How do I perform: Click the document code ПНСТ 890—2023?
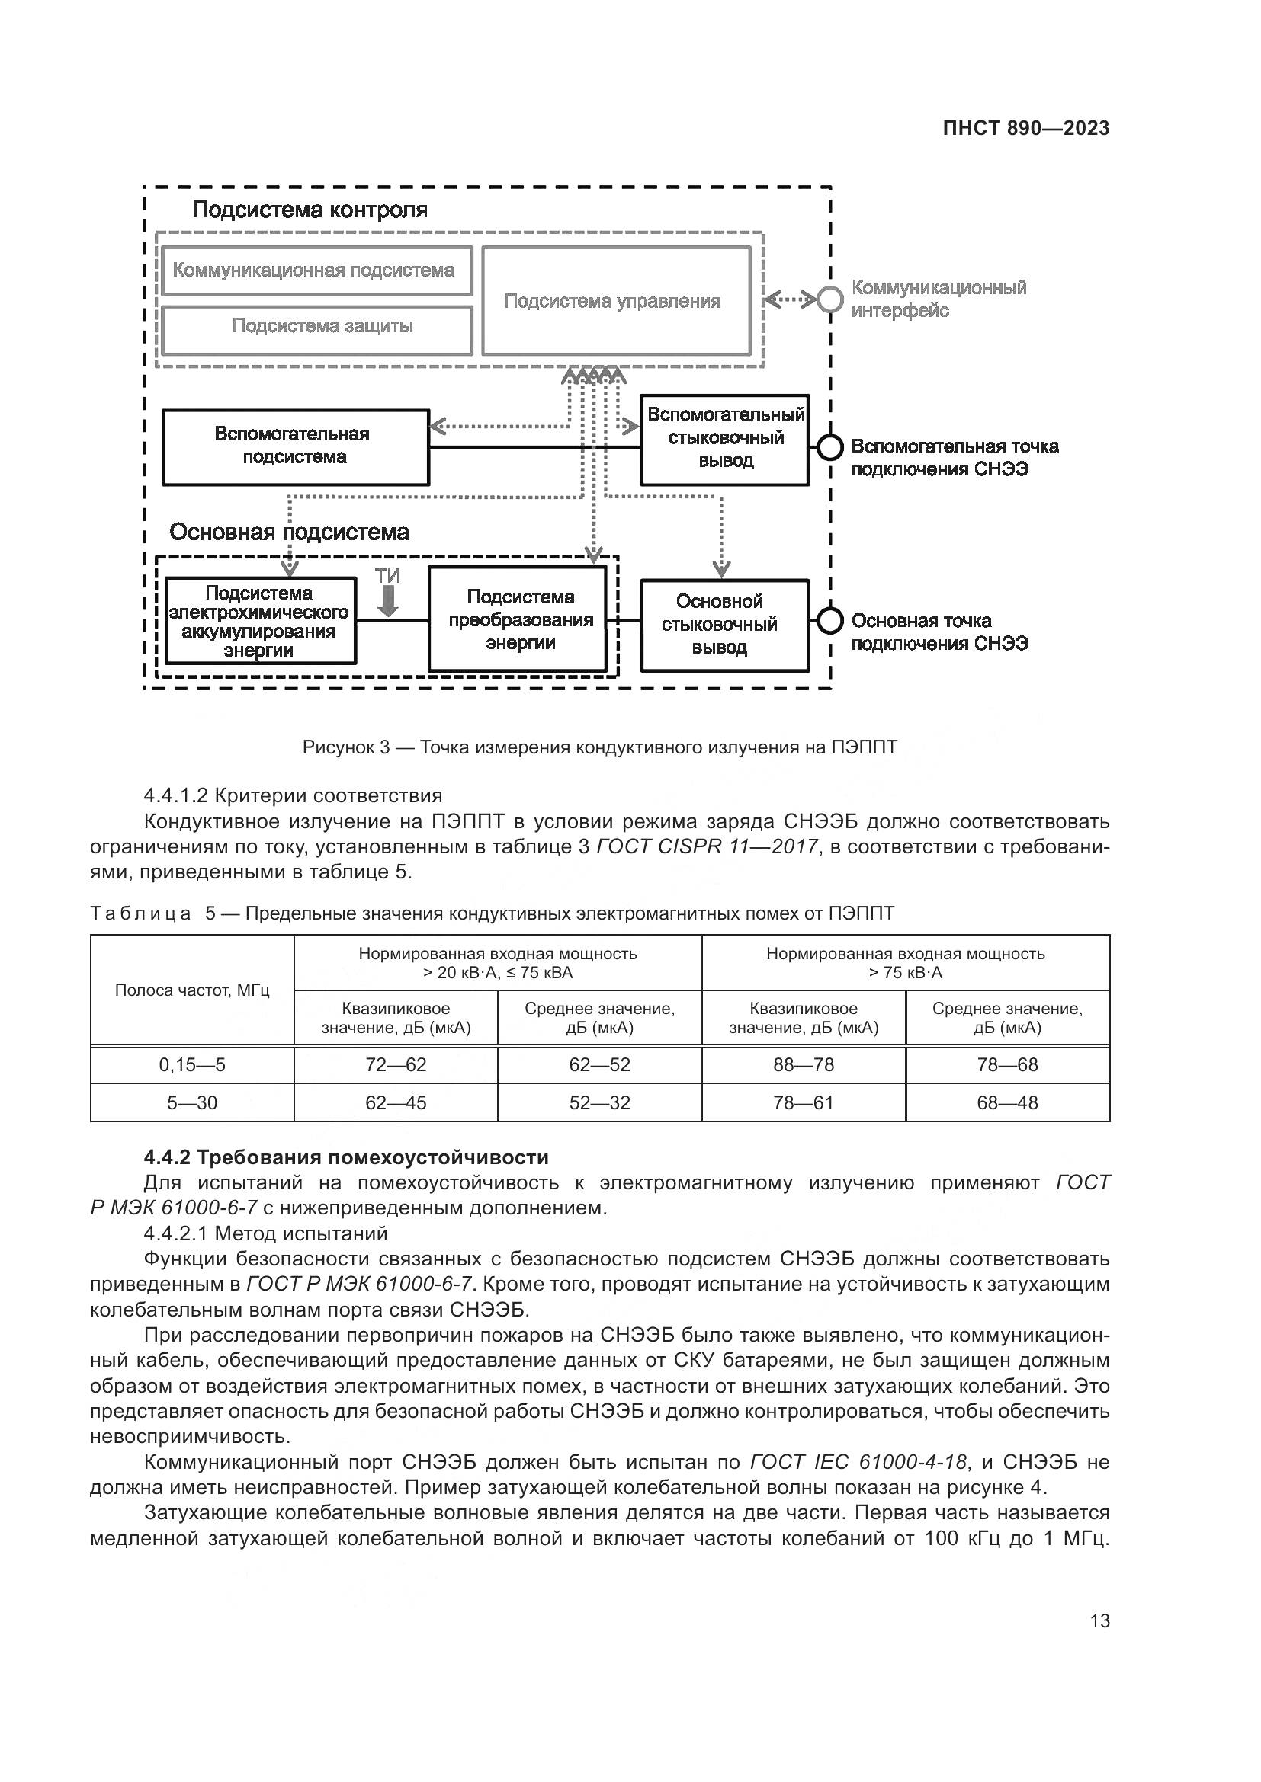[1025, 129]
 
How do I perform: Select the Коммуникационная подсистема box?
[317, 271]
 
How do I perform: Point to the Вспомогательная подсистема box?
[295, 446]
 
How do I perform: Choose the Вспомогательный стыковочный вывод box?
[724, 440]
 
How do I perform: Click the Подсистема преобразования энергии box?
[518, 619]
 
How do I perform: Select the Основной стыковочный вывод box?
[724, 625]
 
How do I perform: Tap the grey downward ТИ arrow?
[387, 600]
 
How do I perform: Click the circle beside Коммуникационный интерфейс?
[830, 299]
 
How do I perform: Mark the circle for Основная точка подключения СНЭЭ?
[830, 620]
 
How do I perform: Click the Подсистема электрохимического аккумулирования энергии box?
[260, 621]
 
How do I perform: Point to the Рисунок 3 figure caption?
[599, 747]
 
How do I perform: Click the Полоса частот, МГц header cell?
[192, 990]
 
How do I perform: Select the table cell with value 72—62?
[396, 1065]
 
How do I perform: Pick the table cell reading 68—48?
[1007, 1103]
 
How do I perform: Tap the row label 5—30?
[192, 1103]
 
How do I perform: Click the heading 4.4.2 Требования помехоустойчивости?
[346, 1157]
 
